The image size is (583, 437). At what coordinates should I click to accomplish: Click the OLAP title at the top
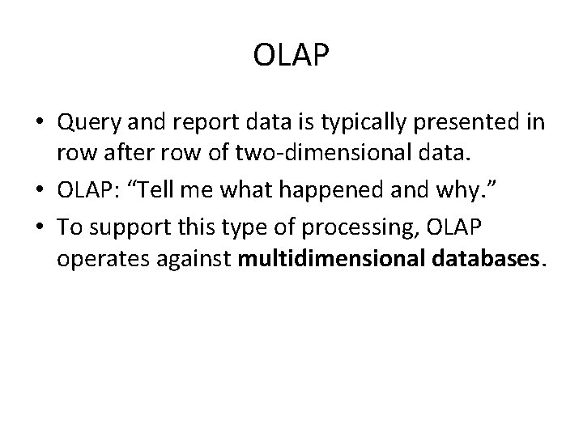click(291, 56)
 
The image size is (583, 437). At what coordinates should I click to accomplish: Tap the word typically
click(360, 122)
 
